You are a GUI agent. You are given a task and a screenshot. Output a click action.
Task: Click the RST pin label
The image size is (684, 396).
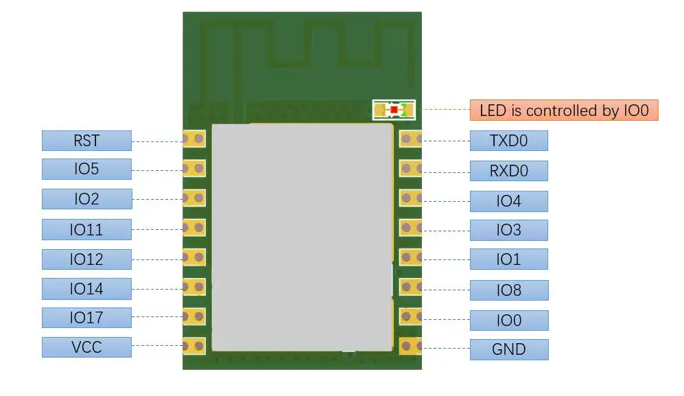[86, 141]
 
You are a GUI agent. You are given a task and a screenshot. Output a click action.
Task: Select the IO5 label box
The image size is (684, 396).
[86, 170]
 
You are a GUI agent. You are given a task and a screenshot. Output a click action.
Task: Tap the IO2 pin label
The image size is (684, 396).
[86, 199]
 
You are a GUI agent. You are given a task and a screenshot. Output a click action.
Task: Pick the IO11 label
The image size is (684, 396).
[86, 229]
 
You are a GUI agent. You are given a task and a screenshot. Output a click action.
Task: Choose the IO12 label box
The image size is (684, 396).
[86, 259]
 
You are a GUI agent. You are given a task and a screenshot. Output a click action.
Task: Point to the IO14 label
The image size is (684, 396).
[86, 289]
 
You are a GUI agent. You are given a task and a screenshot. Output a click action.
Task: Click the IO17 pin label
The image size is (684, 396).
[86, 318]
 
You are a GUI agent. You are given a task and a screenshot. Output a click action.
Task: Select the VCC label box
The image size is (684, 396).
[86, 347]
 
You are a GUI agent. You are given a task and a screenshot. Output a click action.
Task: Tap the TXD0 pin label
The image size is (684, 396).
[508, 141]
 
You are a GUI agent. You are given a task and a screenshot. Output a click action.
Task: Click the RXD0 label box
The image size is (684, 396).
[508, 171]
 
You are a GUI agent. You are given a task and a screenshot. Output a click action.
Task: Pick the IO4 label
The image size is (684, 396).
[508, 201]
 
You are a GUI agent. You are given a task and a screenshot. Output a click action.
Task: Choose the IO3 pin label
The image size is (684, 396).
[508, 230]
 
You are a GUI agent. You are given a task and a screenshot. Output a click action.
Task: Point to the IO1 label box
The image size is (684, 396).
[508, 259]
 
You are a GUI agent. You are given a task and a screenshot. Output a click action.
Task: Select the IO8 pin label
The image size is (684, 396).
[508, 290]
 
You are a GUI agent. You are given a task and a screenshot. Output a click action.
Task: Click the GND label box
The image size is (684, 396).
[508, 349]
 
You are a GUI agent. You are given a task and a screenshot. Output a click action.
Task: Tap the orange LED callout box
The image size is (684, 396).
[564, 110]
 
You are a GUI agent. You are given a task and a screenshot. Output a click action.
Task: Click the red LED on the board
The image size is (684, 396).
[394, 109]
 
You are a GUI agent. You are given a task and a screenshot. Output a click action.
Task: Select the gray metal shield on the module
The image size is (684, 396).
[302, 237]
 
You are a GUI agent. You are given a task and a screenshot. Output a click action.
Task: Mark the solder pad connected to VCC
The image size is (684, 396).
[193, 346]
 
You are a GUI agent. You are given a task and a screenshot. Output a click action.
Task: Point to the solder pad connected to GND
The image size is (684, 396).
[410, 347]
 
